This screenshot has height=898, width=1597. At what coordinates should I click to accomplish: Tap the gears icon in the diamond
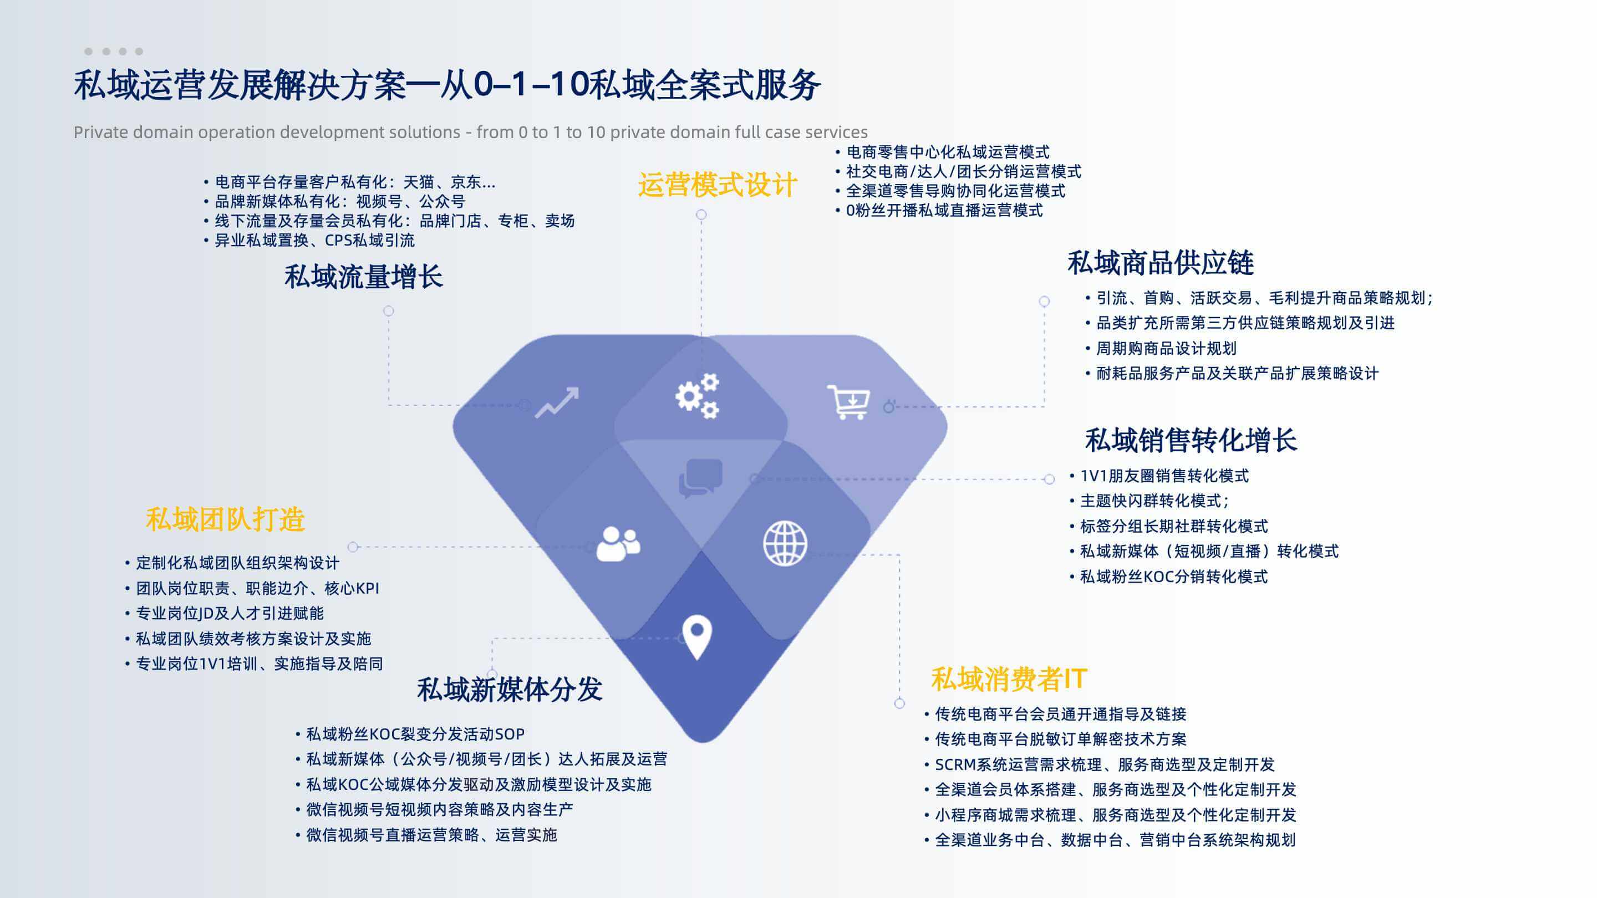coord(698,396)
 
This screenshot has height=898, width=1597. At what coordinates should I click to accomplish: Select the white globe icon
coord(785,543)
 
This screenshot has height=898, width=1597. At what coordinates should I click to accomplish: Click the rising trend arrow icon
coord(557,402)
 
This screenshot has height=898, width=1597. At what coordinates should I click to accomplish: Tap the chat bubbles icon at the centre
coord(701,478)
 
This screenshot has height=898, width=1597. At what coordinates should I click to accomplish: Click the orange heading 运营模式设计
coord(718,185)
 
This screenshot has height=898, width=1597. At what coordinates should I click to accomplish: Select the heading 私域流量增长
coord(364,277)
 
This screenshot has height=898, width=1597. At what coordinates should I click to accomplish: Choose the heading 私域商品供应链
coord(1161,263)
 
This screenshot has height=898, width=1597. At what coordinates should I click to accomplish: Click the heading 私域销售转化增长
coord(1191,440)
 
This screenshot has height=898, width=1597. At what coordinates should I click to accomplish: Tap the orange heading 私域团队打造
coord(226,519)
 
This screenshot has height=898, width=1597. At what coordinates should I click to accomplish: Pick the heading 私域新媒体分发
coord(510,689)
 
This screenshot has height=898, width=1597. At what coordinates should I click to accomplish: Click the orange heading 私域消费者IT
coord(1009,678)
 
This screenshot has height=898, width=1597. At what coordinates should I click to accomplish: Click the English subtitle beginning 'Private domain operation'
coord(471,132)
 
